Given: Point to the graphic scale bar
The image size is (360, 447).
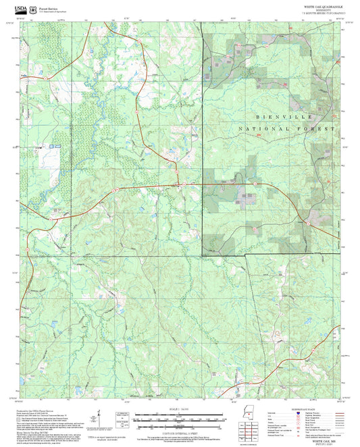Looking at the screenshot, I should pyautogui.click(x=180, y=419).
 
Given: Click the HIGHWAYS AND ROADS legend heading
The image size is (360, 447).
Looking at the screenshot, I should pyautogui.click(x=301, y=409).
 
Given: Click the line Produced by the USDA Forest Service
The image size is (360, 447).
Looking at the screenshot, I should pyautogui.click(x=38, y=410).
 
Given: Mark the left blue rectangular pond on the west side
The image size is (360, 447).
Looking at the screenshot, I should pyautogui.click(x=49, y=145).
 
